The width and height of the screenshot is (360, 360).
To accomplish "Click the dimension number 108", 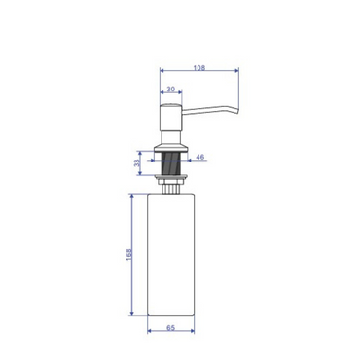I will coord(198,67).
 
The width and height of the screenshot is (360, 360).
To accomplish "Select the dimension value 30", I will coord(171,90).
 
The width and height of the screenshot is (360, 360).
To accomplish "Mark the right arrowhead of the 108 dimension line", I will coord(236,72).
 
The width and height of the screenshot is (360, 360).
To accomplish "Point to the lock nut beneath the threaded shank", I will coord(171,178).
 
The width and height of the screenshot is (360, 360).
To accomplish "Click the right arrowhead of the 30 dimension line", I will coord(180,94).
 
